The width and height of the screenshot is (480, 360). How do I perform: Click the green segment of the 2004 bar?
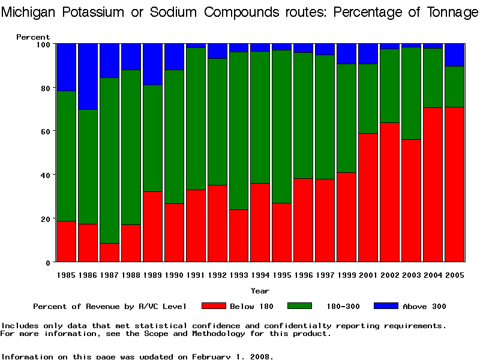[433, 78]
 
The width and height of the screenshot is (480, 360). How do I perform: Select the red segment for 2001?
[368, 197]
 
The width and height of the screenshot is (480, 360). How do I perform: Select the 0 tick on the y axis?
[49, 262]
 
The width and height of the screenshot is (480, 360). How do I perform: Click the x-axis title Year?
[260, 291]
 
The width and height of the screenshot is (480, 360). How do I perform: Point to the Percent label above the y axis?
[33, 37]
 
